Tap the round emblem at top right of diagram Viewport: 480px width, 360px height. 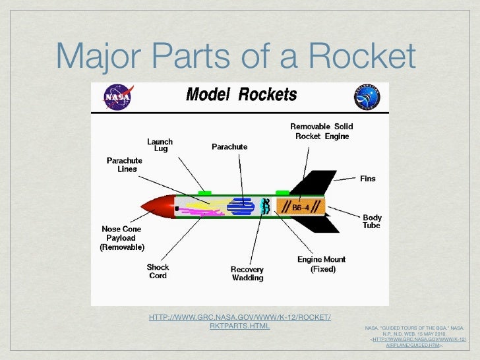pyautogui.click(x=367, y=97)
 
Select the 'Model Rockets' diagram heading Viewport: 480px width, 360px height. pyautogui.click(x=241, y=95)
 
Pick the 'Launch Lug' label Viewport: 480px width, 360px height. pyautogui.click(x=160, y=146)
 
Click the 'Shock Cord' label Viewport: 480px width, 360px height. pyautogui.click(x=158, y=272)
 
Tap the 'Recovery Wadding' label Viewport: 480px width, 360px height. pyautogui.click(x=247, y=274)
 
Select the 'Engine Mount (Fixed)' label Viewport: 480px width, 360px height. pyautogui.click(x=321, y=264)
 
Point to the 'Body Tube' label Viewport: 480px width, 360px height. pyautogui.click(x=371, y=222)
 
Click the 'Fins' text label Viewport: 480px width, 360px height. pyautogui.click(x=368, y=179)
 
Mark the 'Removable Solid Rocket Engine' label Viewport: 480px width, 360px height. pyautogui.click(x=321, y=131)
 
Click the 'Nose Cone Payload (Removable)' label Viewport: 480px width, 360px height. pyautogui.click(x=122, y=238)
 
